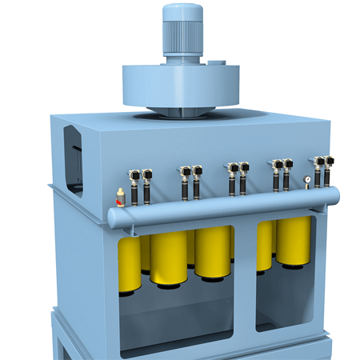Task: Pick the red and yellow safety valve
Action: (121, 196)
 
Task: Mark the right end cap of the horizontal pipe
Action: (337, 195)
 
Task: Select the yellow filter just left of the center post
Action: (213, 252)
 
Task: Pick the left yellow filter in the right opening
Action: (265, 246)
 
